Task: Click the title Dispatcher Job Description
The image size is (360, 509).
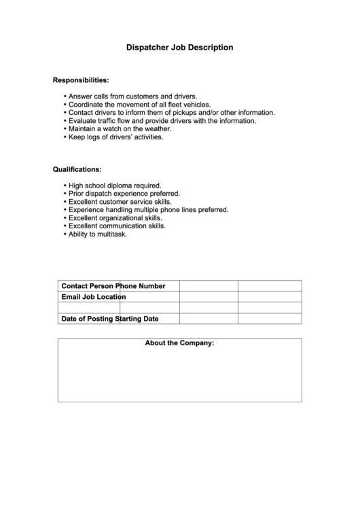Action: pyautogui.click(x=180, y=48)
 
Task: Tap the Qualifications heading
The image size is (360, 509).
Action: pyautogui.click(x=77, y=169)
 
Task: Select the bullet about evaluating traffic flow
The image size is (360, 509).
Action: pyautogui.click(x=162, y=121)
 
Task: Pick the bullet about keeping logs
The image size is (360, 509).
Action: pyautogui.click(x=115, y=137)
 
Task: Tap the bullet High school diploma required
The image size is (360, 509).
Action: pyautogui.click(x=114, y=185)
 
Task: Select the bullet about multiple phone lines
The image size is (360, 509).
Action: pyautogui.click(x=148, y=210)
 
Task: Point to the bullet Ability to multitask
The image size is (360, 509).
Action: pyautogui.click(x=97, y=234)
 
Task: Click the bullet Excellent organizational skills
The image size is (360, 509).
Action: pyautogui.click(x=115, y=218)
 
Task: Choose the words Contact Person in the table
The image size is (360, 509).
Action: pyautogui.click(x=88, y=285)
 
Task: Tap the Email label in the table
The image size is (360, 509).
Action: pyautogui.click(x=71, y=297)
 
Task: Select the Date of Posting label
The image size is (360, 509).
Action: pyautogui.click(x=88, y=319)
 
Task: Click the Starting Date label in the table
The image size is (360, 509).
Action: pyautogui.click(x=139, y=319)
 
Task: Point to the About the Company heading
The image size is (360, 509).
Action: pyautogui.click(x=179, y=343)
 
